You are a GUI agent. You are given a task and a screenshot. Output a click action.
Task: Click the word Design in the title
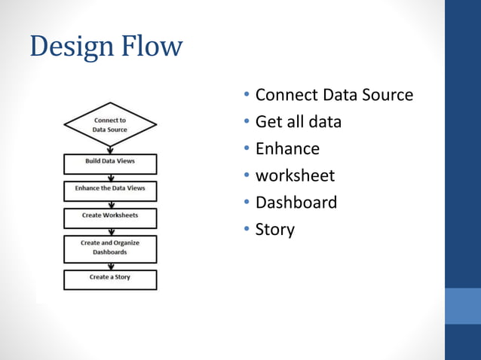tap(69, 46)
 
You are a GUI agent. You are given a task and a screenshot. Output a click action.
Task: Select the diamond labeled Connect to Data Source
tap(110, 124)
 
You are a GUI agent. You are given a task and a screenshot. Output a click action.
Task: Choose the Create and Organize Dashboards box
tap(110, 249)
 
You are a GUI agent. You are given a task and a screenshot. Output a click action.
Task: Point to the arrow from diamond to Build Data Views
tap(110, 149)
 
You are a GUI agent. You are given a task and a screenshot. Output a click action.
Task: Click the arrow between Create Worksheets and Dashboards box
tap(110, 231)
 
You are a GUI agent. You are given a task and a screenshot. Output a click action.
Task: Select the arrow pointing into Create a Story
tap(110, 266)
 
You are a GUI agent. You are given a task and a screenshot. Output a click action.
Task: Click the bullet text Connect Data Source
tap(334, 95)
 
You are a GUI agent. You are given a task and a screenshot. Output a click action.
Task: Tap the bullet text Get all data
tap(298, 121)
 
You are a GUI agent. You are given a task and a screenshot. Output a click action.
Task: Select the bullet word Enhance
tap(287, 148)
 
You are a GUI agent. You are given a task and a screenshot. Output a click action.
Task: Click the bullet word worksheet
tap(295, 175)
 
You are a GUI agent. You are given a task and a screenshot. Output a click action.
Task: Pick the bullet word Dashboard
tap(296, 203)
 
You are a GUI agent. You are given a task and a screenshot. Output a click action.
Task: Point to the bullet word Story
tap(274, 230)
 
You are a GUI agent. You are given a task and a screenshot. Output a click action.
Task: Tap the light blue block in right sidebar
tap(463, 305)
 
